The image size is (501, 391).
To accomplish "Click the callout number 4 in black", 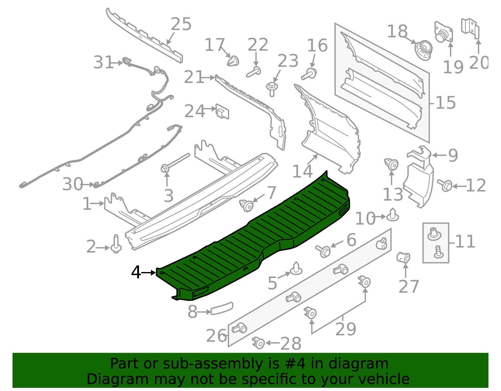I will [136, 272].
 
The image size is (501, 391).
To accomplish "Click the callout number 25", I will [181, 24].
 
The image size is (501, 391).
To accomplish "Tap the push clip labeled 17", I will [233, 61].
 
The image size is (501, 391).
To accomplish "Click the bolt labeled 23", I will [272, 89].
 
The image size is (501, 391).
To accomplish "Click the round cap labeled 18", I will [423, 50].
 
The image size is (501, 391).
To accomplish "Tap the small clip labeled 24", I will [223, 112].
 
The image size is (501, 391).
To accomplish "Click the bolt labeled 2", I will [116, 245].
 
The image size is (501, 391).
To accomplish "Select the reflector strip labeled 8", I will [222, 308].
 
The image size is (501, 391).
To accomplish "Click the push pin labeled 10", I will [393, 215].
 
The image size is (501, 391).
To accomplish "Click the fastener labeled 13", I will [391, 164].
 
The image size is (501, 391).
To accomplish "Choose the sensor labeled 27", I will [403, 257].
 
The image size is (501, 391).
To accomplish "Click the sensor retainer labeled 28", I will [259, 343].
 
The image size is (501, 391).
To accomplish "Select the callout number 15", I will [446, 103].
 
